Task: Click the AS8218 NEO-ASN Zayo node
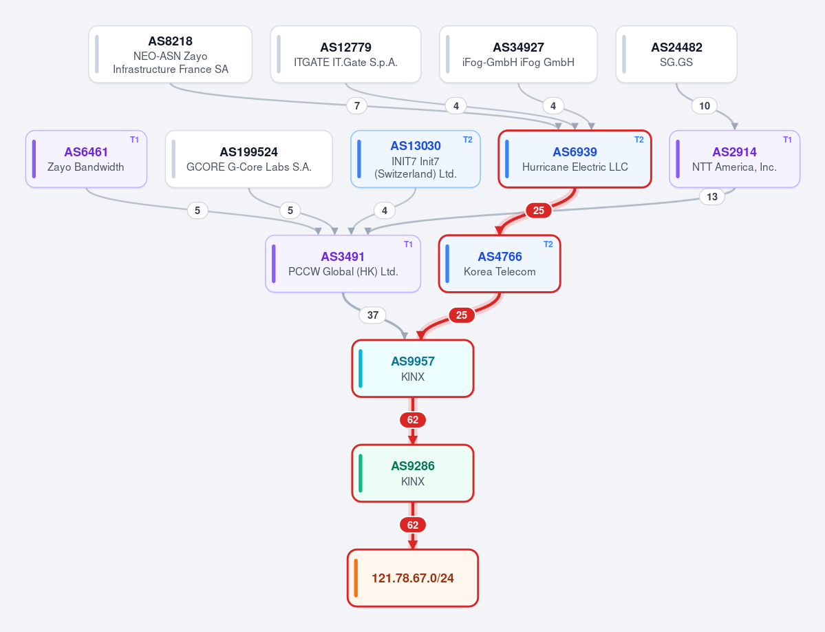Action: click(x=171, y=54)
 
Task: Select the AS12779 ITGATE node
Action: click(x=345, y=54)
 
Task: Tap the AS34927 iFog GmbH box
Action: click(x=518, y=54)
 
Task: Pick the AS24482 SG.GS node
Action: click(x=676, y=54)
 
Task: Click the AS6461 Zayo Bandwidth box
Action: click(x=86, y=159)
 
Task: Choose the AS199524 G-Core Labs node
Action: click(x=249, y=159)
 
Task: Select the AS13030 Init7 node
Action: click(x=416, y=159)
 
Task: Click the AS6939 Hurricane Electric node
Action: click(x=575, y=159)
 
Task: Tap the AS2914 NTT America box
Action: click(x=734, y=159)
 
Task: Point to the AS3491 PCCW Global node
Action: click(x=343, y=264)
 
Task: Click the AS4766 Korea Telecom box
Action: click(x=500, y=264)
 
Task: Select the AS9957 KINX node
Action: click(x=413, y=368)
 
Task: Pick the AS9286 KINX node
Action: click(x=413, y=473)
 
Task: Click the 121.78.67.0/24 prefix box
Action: click(x=413, y=578)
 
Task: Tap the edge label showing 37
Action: click(x=372, y=315)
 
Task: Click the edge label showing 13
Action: click(x=712, y=197)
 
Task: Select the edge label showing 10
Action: click(x=705, y=106)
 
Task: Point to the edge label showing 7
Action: click(x=356, y=106)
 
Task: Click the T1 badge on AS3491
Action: click(x=408, y=244)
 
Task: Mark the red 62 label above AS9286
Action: click(x=413, y=420)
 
